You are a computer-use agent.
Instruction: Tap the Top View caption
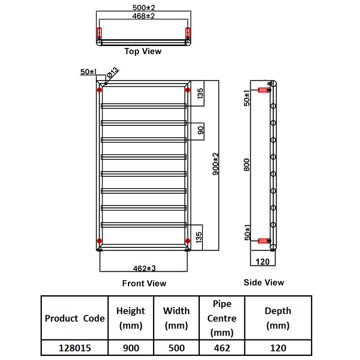[143, 51]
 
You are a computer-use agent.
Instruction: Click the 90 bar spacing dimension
[201, 130]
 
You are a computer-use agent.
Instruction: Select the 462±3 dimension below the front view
[144, 268]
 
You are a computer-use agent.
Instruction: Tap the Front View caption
[144, 283]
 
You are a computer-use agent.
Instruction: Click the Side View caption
[264, 283]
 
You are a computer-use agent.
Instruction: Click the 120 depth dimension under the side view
[262, 261]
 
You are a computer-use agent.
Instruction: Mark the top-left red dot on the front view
[99, 90]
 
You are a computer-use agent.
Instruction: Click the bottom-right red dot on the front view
[187, 240]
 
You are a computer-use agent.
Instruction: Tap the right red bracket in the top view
[188, 33]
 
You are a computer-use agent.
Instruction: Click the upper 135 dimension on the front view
[201, 94]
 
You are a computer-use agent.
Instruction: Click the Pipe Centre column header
[222, 318]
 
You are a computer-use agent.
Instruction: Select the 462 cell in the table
[222, 348]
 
